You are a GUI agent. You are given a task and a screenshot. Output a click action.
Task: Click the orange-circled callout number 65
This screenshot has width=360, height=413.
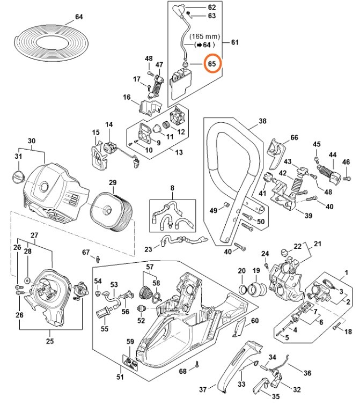pyautogui.click(x=212, y=64)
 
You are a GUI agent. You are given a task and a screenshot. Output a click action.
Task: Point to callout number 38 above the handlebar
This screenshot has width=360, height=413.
pyautogui.click(x=262, y=121)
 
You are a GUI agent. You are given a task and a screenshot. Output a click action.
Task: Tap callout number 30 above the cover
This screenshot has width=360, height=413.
pyautogui.click(x=32, y=141)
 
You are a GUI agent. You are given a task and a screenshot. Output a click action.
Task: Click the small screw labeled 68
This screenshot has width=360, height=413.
pyautogui.click(x=198, y=365)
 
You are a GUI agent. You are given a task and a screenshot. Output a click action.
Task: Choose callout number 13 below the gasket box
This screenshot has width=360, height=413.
pyautogui.click(x=179, y=152)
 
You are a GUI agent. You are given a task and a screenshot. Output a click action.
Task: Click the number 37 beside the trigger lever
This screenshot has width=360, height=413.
pyautogui.click(x=203, y=389)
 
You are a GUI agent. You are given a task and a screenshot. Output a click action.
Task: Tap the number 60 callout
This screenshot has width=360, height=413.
pyautogui.click(x=255, y=320)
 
